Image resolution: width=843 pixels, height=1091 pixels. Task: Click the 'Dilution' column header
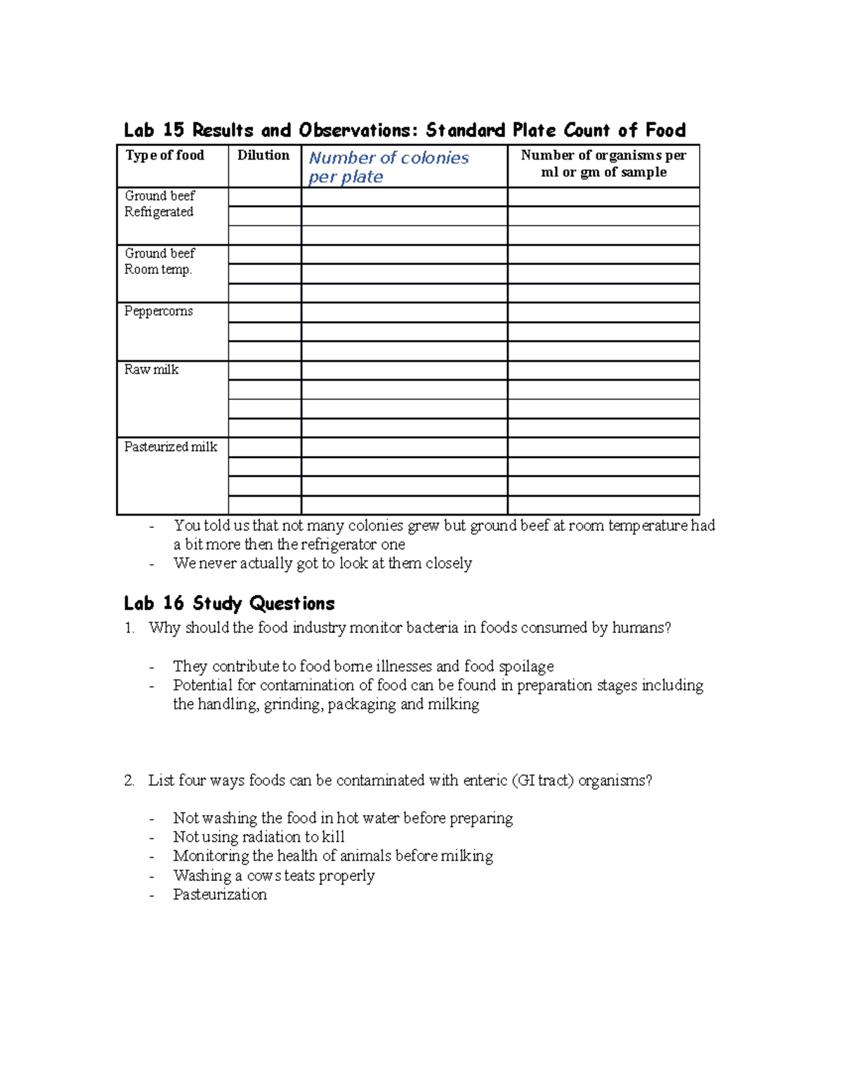pyautogui.click(x=263, y=155)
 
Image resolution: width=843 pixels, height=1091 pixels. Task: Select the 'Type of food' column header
pyautogui.click(x=165, y=155)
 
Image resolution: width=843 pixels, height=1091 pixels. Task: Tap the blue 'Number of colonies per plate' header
pyautogui.click(x=388, y=167)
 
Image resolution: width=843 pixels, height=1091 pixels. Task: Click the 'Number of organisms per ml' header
pyautogui.click(x=603, y=164)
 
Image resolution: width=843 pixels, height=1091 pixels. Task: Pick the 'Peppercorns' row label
pyautogui.click(x=159, y=311)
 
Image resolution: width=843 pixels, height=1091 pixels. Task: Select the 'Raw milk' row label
pyautogui.click(x=152, y=370)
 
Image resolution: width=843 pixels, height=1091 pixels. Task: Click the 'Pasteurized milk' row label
pyautogui.click(x=171, y=447)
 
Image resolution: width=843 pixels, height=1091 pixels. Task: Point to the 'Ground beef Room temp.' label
pyautogui.click(x=159, y=261)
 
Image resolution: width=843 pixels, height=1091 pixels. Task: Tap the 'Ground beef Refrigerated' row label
pyautogui.click(x=159, y=204)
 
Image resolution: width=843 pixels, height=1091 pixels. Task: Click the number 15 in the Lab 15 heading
pyautogui.click(x=174, y=130)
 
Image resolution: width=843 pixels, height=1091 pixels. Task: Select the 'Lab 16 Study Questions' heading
pyautogui.click(x=229, y=603)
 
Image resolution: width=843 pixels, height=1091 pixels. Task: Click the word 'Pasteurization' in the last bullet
pyautogui.click(x=220, y=894)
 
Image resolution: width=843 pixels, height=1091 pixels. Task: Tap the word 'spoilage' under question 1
pyautogui.click(x=526, y=666)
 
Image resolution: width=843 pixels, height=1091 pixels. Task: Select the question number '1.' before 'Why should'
pyautogui.click(x=129, y=628)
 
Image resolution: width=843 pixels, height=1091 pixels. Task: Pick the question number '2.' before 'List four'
pyautogui.click(x=129, y=780)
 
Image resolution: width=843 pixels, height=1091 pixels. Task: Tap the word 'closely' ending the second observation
pyautogui.click(x=449, y=563)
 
